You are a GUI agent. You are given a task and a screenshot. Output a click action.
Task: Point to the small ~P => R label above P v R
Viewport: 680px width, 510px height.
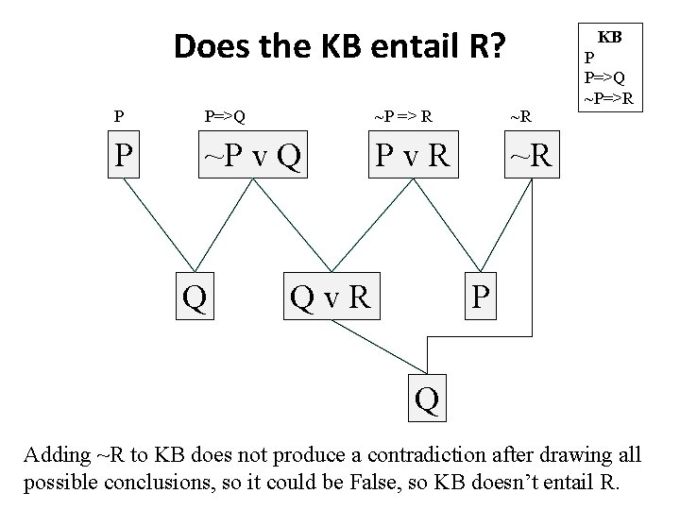(x=403, y=118)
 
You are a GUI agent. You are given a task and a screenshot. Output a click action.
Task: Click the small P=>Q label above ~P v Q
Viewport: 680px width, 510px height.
(x=226, y=118)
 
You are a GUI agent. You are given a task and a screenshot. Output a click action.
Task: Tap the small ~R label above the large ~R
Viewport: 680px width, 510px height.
(x=520, y=118)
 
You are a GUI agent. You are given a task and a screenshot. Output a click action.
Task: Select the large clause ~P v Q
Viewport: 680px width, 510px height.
(x=250, y=157)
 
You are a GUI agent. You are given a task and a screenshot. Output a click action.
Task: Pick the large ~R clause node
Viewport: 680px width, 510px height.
(x=535, y=157)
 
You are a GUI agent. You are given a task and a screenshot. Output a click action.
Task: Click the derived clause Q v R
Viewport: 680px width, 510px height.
(x=330, y=298)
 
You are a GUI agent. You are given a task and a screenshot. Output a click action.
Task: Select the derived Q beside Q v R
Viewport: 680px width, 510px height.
(x=195, y=298)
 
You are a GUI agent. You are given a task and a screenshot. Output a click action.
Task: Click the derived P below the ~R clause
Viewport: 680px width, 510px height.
(x=481, y=298)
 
